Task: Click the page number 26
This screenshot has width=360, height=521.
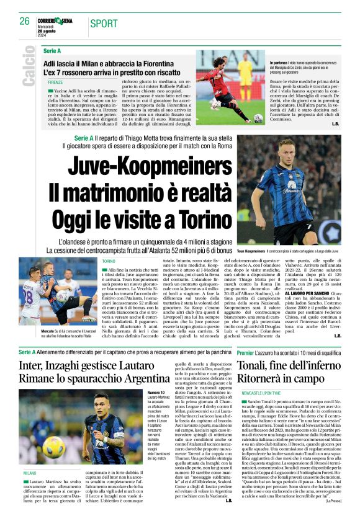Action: coord(25,22)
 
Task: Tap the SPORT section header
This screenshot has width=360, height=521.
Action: coord(104,24)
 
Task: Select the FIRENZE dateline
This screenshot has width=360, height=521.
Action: coord(55,81)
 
